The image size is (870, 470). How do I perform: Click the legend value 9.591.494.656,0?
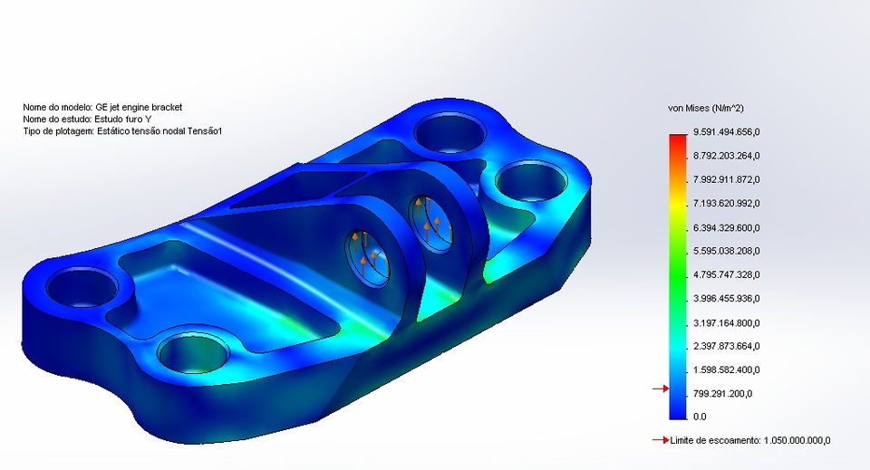[x=726, y=132]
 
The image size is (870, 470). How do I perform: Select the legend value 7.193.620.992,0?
[x=726, y=203]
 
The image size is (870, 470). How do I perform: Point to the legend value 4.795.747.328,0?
[x=726, y=274]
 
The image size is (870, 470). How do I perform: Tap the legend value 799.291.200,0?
[x=722, y=393]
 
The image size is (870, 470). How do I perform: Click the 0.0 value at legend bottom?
[x=700, y=417]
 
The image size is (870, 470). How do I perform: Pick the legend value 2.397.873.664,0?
[x=726, y=346]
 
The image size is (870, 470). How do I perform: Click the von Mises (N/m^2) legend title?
[x=706, y=108]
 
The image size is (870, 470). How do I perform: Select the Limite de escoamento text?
[x=750, y=441]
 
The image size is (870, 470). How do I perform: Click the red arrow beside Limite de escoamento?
[x=660, y=440]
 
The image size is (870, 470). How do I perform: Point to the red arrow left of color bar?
[x=660, y=389]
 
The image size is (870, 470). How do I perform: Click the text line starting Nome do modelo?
[x=102, y=107]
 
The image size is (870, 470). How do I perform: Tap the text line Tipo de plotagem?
[x=122, y=131]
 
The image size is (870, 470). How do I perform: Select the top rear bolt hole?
[x=450, y=133]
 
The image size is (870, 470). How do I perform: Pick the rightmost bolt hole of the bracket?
[x=531, y=183]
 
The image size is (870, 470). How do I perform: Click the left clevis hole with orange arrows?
[x=369, y=255]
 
